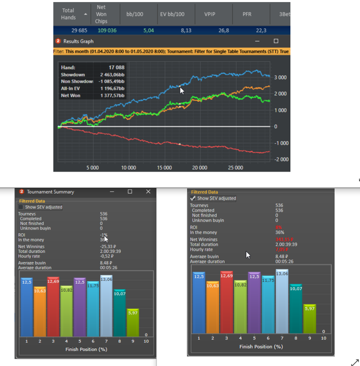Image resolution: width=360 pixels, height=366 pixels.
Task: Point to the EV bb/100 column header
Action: click(172, 14)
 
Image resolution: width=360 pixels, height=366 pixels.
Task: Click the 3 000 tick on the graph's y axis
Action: click(280, 77)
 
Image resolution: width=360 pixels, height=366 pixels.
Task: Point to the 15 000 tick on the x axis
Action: click(164, 168)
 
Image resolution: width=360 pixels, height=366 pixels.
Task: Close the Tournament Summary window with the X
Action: click(148, 192)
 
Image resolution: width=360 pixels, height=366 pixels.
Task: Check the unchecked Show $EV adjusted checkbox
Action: click(21, 207)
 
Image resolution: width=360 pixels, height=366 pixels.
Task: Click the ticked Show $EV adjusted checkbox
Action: click(194, 199)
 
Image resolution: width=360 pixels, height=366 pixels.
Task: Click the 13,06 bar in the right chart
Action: click(282, 300)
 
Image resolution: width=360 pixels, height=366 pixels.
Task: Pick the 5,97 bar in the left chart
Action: click(133, 323)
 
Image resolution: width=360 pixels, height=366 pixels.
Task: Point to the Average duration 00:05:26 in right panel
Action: click(285, 261)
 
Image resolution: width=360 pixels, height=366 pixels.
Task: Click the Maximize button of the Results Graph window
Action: click(276, 41)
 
